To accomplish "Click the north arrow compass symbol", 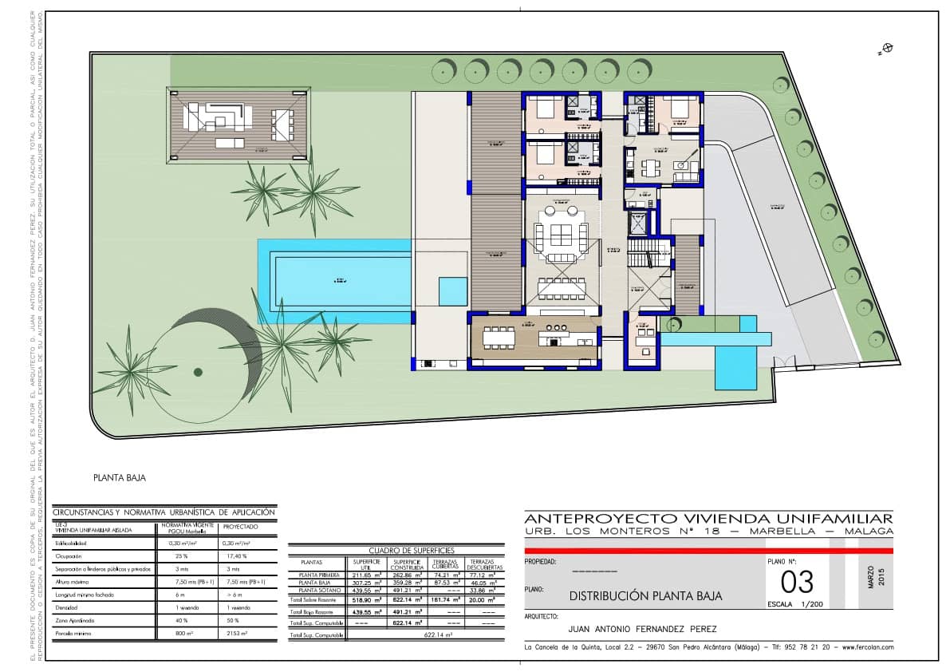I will point(886,49).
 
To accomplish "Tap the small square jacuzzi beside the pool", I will point(452,291).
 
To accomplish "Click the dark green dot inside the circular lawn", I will point(197,370).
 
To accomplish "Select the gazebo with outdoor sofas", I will point(238,125).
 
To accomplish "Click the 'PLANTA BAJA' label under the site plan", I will point(120,478).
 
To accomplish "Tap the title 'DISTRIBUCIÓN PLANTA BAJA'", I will point(646,595).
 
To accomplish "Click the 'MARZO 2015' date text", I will point(875,576).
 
